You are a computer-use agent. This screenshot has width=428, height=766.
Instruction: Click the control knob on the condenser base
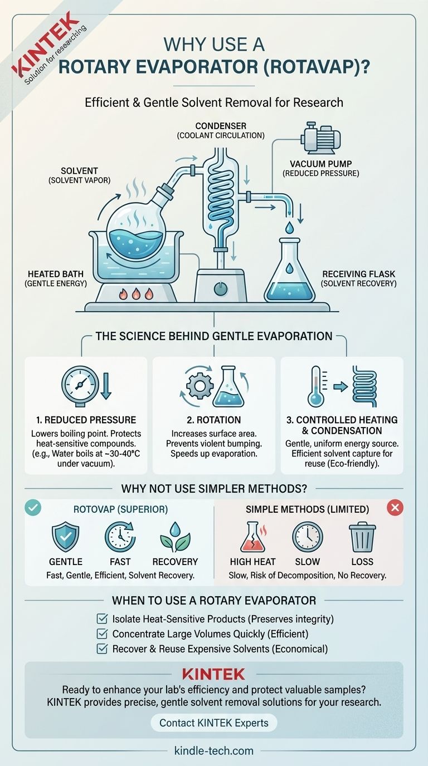(x=221, y=289)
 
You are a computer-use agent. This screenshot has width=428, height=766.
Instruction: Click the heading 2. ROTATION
(x=213, y=420)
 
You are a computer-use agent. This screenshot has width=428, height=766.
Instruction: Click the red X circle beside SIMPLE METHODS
(x=395, y=508)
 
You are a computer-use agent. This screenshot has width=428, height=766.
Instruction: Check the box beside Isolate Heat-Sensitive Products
(x=102, y=618)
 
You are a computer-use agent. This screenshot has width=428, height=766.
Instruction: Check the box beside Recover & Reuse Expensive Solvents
(x=102, y=649)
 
